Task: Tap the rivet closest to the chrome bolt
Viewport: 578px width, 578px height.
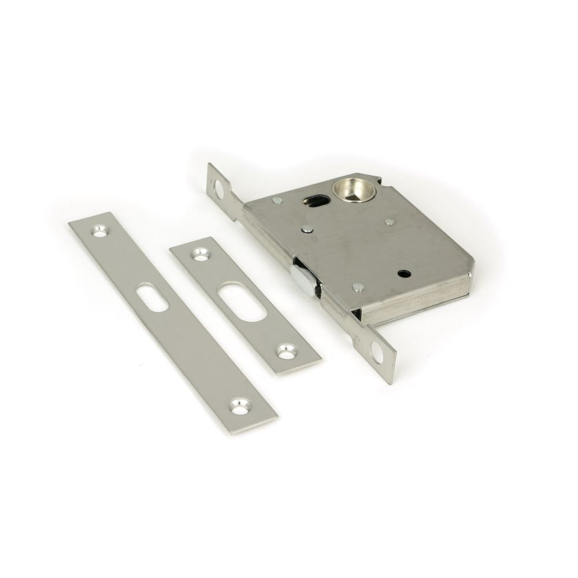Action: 357,286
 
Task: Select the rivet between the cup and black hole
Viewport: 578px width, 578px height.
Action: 390,221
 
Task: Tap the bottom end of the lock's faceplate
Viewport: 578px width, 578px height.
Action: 390,373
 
